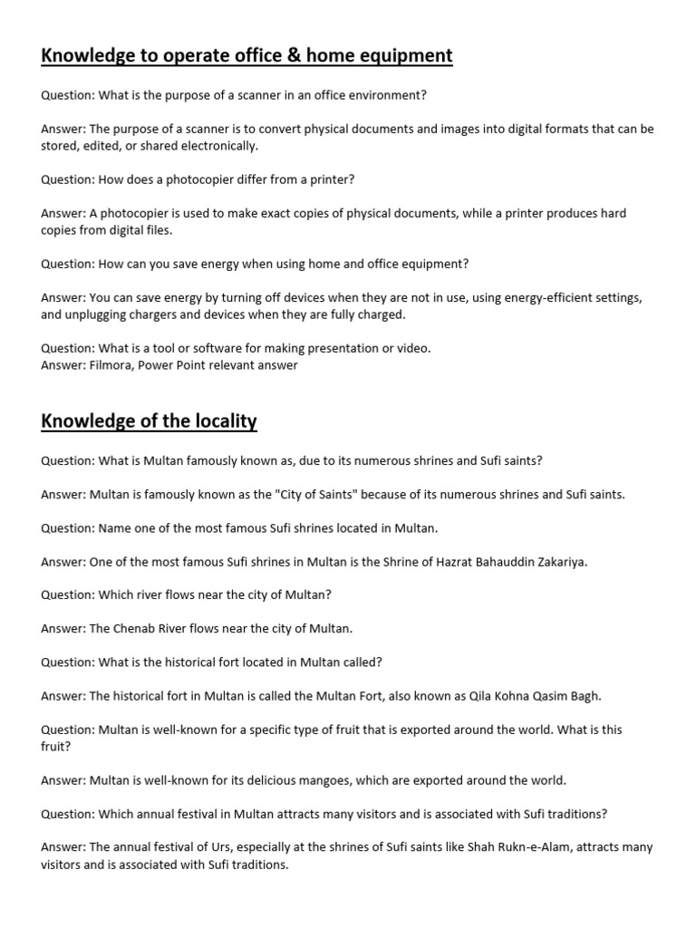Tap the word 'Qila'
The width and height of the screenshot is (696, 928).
point(482,696)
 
